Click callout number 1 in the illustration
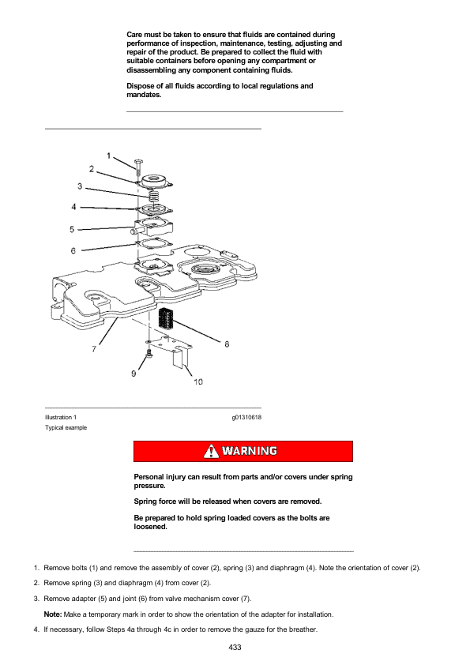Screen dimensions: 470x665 pyautogui.click(x=108, y=156)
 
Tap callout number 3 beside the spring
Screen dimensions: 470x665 pyautogui.click(x=80, y=186)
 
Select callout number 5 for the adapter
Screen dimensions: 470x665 pyautogui.click(x=72, y=230)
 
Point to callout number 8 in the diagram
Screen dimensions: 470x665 pyautogui.click(x=227, y=344)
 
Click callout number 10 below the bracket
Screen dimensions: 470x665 pyautogui.click(x=198, y=381)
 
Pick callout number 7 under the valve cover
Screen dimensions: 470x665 pyautogui.click(x=94, y=348)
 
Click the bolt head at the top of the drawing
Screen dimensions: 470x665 pyautogui.click(x=139, y=162)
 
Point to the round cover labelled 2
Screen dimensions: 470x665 pyautogui.click(x=154, y=182)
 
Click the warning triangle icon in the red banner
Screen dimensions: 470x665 pyautogui.click(x=211, y=451)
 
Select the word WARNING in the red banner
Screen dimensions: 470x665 pyautogui.click(x=250, y=451)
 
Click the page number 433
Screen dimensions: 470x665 pyautogui.click(x=235, y=647)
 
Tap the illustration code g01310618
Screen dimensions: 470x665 pyautogui.click(x=246, y=417)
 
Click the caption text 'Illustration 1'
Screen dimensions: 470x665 pyautogui.click(x=61, y=417)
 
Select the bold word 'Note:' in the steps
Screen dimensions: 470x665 pyautogui.click(x=53, y=614)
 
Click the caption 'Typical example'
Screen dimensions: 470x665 pyautogui.click(x=66, y=427)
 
